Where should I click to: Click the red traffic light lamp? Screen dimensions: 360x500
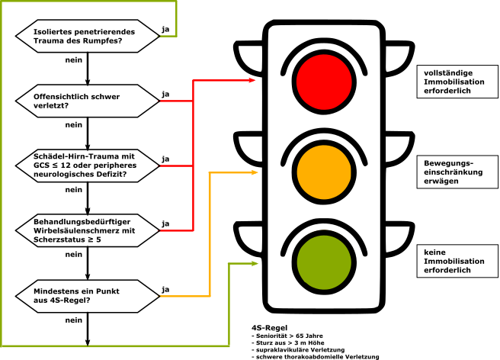click(325, 79)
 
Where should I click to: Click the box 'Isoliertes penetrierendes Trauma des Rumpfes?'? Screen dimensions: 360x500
click(87, 36)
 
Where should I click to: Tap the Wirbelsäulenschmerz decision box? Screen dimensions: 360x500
click(87, 230)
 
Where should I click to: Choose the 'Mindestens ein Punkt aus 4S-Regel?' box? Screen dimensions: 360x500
click(87, 295)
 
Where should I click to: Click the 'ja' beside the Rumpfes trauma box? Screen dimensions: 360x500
click(165, 29)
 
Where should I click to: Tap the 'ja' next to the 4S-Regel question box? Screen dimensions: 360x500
click(165, 289)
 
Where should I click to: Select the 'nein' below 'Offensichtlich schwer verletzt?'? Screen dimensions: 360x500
click(74, 124)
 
